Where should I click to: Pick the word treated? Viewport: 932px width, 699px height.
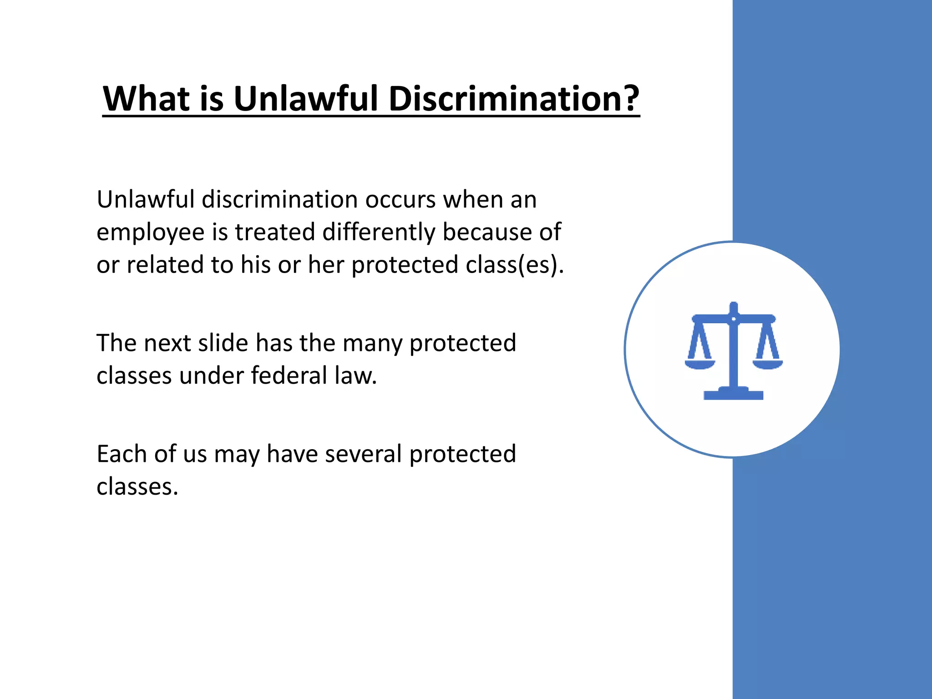click(x=275, y=232)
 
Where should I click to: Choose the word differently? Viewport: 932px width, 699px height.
click(x=379, y=233)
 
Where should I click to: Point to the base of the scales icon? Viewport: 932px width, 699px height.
click(x=733, y=394)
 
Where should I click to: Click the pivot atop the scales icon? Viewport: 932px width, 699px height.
click(x=733, y=318)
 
